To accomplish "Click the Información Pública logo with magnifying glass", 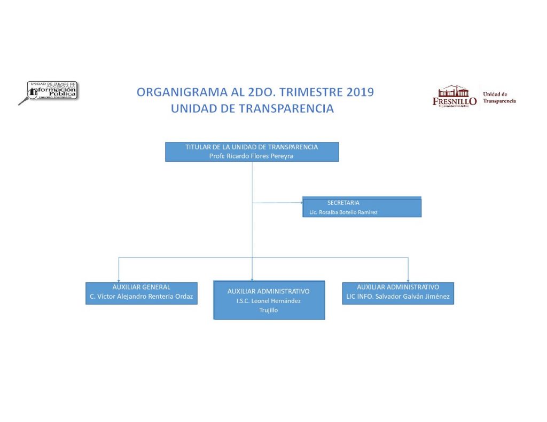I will point(48,92).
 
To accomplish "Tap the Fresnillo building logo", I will point(454,96).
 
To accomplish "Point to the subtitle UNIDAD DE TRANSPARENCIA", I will point(252,108).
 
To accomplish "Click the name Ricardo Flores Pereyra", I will point(252,156).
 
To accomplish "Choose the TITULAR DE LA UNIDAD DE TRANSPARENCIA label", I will point(252,147).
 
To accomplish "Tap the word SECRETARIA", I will point(343,203).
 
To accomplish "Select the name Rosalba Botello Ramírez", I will point(343,212).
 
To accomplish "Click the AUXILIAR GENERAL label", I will point(142,287).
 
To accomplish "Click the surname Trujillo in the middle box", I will point(268,310).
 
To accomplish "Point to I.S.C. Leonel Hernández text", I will point(268,301).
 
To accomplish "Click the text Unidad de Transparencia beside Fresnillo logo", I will point(499,98).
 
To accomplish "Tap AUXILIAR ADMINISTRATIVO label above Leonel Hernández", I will point(268,291).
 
